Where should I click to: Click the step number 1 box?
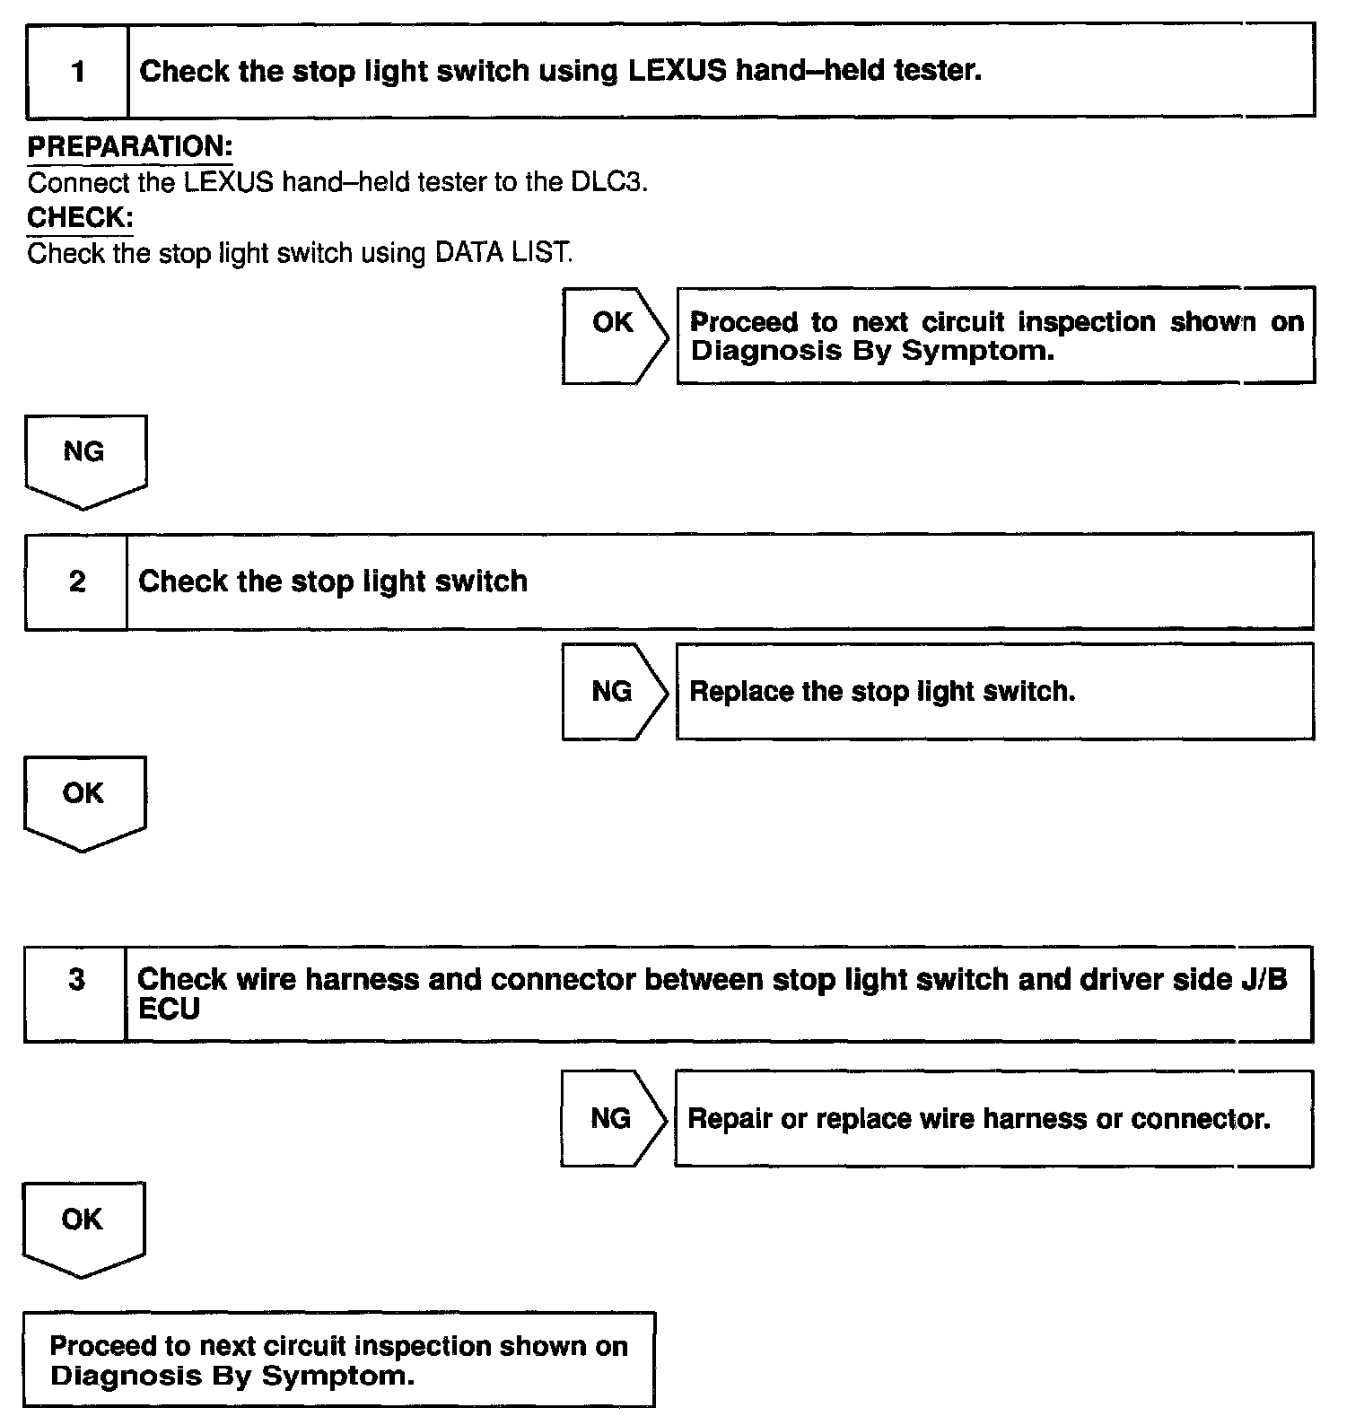78,71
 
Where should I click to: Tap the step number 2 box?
77,581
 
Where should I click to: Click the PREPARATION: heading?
130,146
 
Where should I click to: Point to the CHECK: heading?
80,217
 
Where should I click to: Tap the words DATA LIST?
503,253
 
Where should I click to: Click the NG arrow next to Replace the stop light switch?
613,691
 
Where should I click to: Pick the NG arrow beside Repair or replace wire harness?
612,1118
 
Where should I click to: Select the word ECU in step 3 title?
169,1010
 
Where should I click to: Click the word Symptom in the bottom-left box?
337,1376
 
